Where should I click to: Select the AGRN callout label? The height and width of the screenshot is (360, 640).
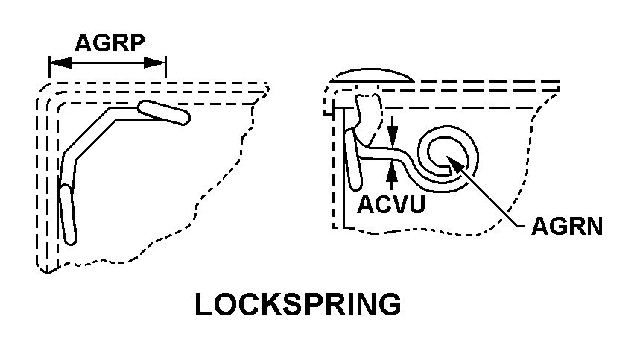pyautogui.click(x=566, y=226)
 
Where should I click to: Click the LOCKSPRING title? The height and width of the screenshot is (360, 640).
pyautogui.click(x=298, y=306)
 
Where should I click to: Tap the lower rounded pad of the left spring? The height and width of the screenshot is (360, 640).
pyautogui.click(x=68, y=214)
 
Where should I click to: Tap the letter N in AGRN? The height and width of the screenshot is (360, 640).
pyautogui.click(x=592, y=226)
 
